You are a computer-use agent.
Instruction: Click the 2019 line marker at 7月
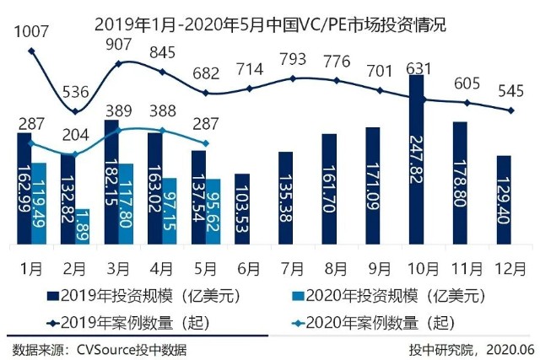point(293,78)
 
